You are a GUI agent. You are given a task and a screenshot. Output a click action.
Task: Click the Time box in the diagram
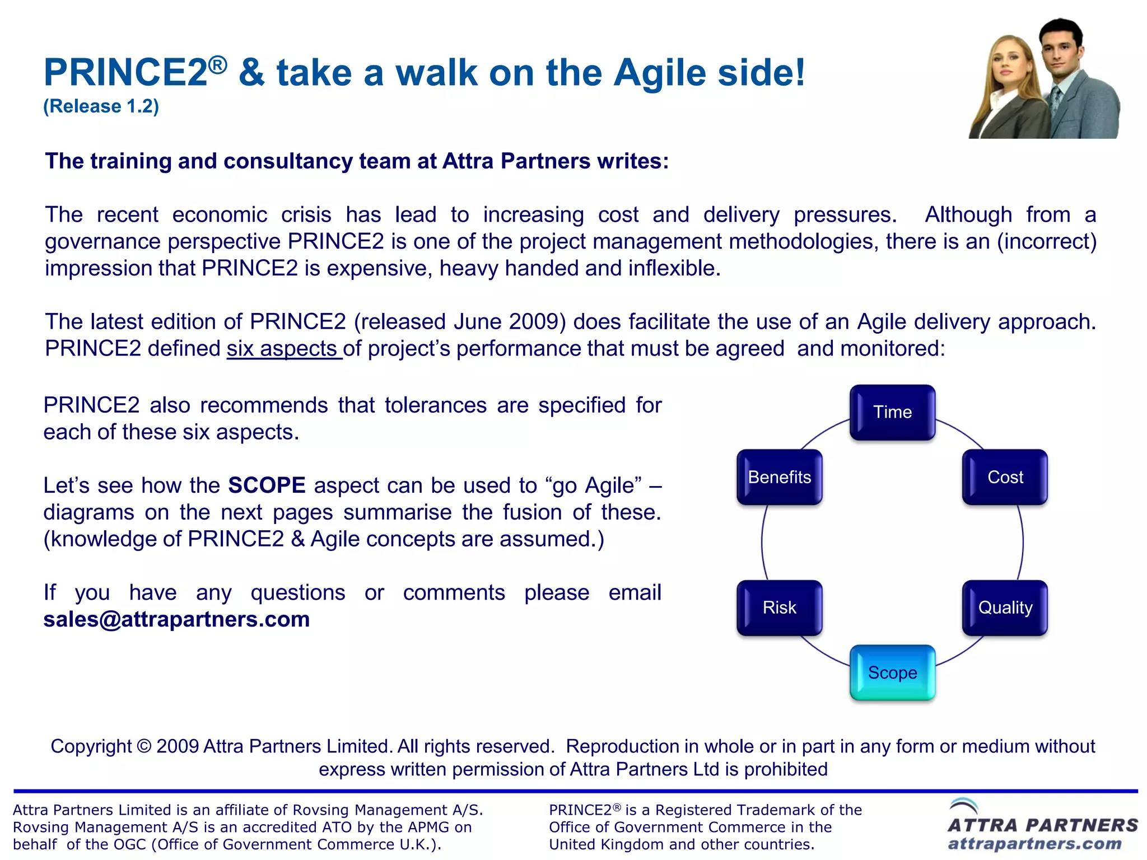(x=892, y=412)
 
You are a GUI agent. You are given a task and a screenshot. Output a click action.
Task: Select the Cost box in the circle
(x=1005, y=477)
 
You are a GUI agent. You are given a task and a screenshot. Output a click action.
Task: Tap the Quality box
(x=1005, y=607)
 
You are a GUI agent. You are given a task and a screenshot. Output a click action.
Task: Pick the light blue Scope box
(x=892, y=672)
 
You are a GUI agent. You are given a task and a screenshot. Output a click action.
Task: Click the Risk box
(x=779, y=607)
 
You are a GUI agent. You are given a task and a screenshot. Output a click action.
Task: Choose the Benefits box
(x=779, y=477)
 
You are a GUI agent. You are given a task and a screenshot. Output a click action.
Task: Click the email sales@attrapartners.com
(x=176, y=619)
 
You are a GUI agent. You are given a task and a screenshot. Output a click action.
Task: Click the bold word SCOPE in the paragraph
(x=267, y=485)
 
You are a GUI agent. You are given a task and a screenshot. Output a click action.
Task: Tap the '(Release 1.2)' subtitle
(x=101, y=106)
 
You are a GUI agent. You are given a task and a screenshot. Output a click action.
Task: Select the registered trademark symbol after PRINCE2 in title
(x=218, y=65)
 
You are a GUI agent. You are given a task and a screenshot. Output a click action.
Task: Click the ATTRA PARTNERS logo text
(x=1042, y=825)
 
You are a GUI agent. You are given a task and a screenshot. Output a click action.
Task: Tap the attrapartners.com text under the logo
(x=1034, y=844)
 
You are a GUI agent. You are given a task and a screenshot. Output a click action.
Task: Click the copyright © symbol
(x=144, y=746)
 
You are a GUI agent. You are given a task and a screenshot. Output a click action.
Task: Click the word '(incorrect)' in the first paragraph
(x=1046, y=241)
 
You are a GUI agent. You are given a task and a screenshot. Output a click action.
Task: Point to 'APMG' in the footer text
(x=428, y=827)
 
